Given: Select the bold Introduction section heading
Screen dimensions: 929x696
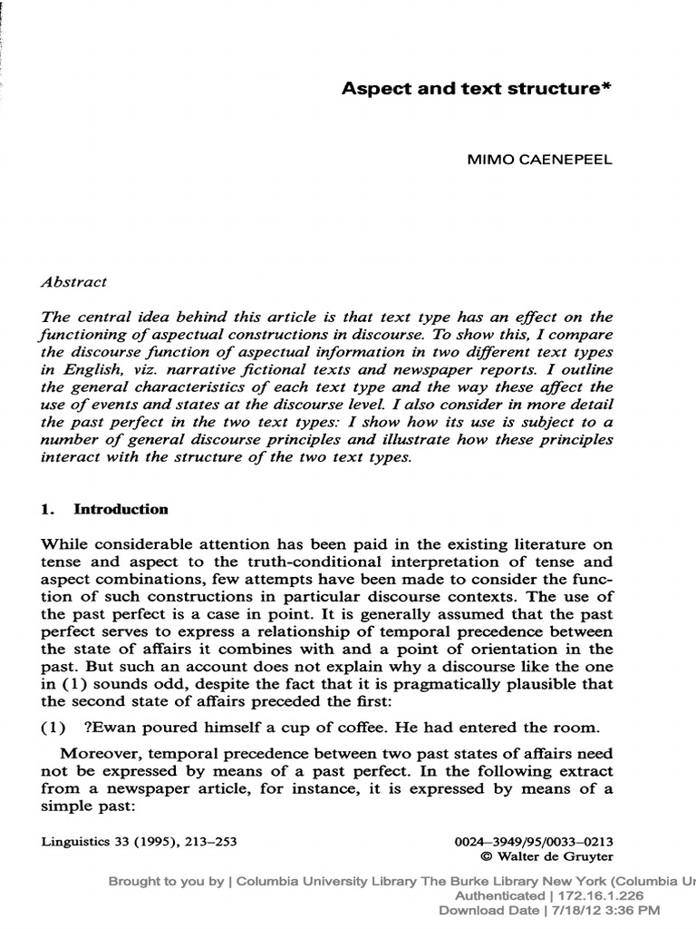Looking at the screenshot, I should click(121, 509).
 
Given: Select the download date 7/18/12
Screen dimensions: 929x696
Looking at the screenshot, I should click(576, 909).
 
